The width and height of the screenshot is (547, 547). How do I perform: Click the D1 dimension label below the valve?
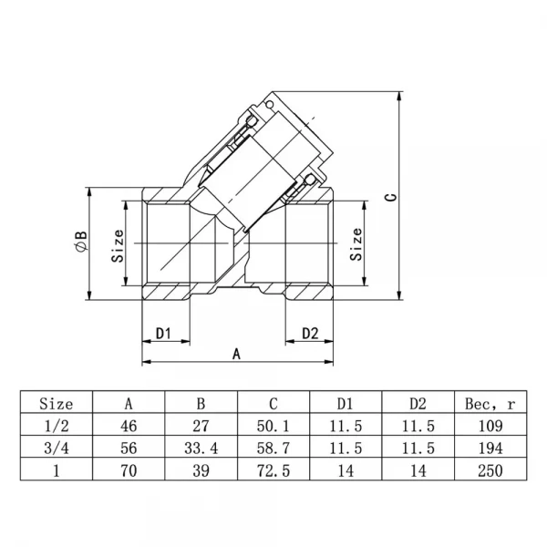163,334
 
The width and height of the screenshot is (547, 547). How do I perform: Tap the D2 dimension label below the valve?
310,333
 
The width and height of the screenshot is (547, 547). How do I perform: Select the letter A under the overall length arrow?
236,354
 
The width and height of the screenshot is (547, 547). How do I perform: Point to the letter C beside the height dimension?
391,197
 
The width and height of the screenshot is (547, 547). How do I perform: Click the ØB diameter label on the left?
81,241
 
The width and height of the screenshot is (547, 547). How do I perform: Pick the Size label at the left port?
118,245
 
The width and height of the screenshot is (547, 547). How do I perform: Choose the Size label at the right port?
356,243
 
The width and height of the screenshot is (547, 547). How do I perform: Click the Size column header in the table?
57,404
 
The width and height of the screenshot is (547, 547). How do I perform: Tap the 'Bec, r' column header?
490,404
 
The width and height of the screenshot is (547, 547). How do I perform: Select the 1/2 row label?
57,426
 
